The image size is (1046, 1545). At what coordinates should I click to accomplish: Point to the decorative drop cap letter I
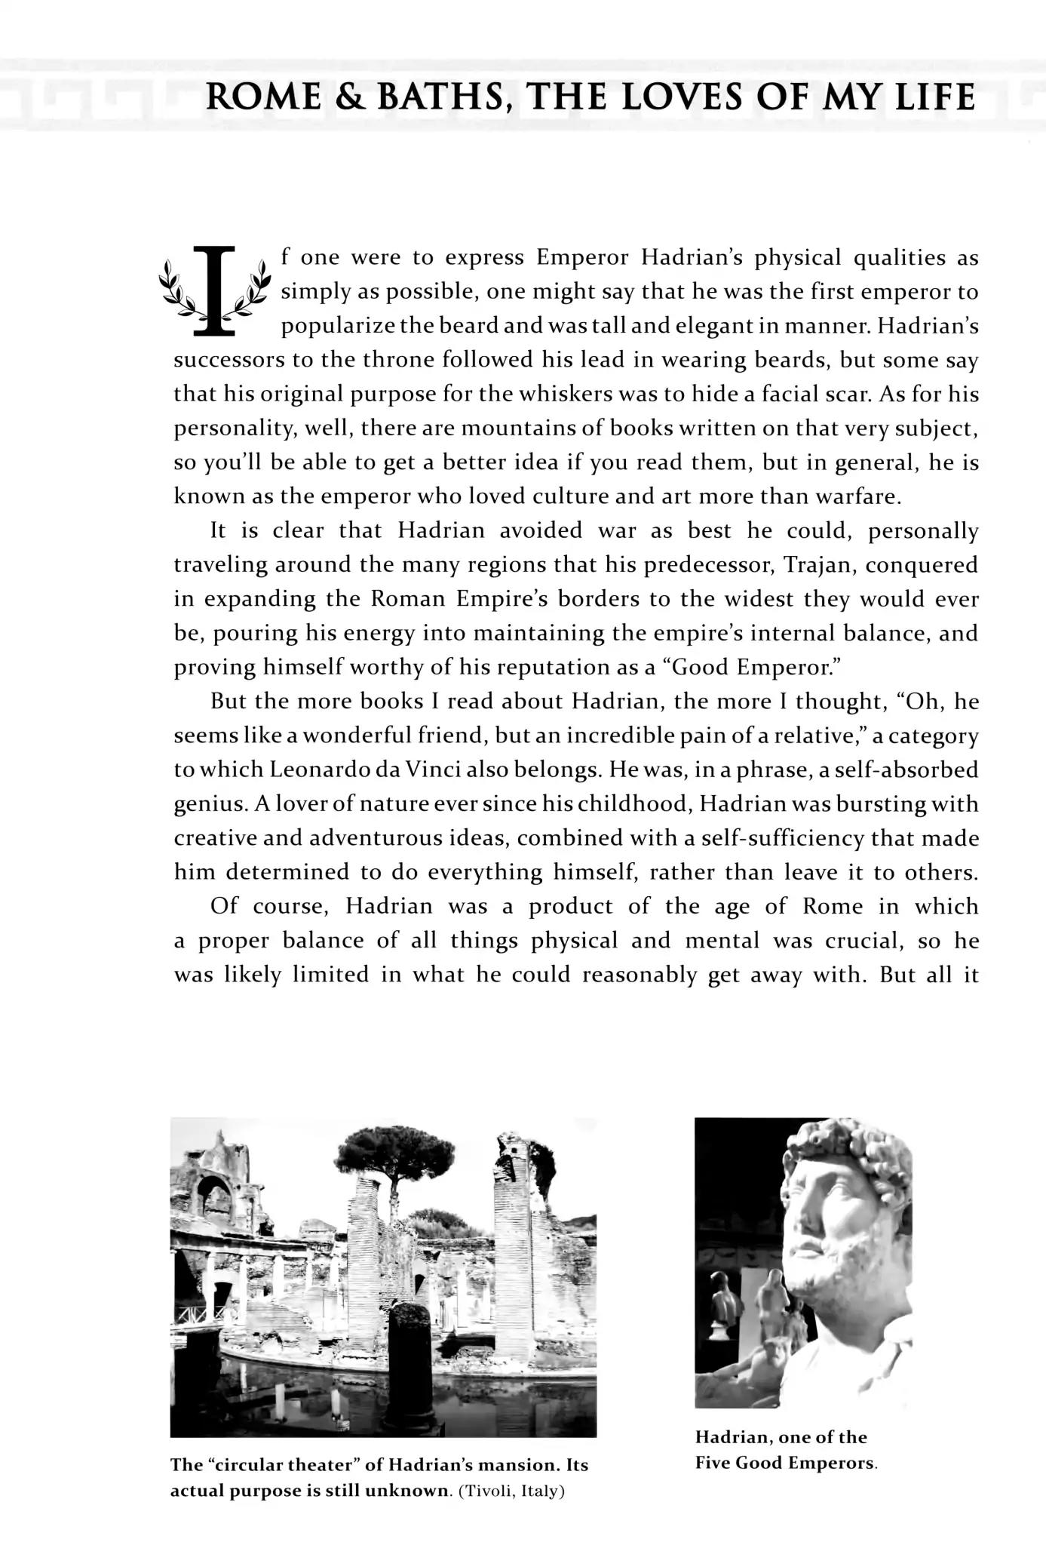(x=215, y=290)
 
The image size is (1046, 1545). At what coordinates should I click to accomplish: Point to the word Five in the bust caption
(x=713, y=1464)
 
